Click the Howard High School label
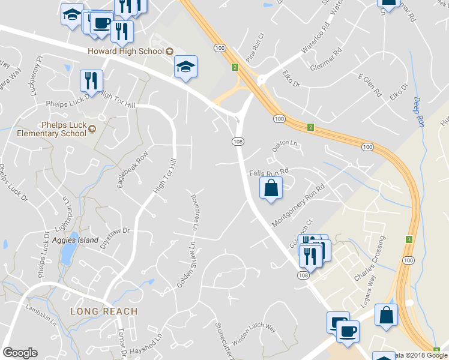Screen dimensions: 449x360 pos(126,51)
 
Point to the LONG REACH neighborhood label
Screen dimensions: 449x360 pos(104,311)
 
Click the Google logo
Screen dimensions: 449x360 pos(20,353)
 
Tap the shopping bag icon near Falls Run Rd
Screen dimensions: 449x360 pos(271,188)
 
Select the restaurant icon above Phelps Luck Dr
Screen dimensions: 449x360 pos(91,80)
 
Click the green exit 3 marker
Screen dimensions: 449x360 pos(409,239)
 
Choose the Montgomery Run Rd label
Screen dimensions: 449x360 pos(298,205)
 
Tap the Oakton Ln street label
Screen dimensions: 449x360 pos(285,145)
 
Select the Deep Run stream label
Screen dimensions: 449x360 pos(418,112)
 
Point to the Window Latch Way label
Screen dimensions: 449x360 pos(254,336)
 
